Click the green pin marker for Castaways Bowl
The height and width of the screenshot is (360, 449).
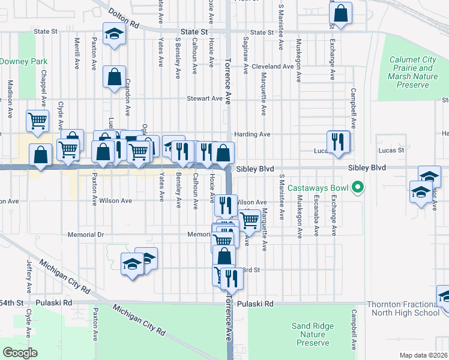(x=358, y=188)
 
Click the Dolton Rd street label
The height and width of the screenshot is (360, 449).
(x=124, y=19)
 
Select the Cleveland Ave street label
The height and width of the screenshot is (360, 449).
(x=273, y=67)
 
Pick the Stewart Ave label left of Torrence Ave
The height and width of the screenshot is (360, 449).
(x=204, y=98)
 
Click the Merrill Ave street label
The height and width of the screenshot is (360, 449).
(x=77, y=55)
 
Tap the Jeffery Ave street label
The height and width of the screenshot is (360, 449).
(x=28, y=272)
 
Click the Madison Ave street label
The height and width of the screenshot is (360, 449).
(x=10, y=99)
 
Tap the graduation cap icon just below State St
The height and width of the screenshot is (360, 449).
(x=113, y=35)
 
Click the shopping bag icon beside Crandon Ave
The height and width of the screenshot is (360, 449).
(x=113, y=77)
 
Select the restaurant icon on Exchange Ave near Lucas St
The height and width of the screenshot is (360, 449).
(x=338, y=142)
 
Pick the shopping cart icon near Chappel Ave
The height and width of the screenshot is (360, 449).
(x=37, y=121)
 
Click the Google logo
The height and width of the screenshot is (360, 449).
(x=20, y=353)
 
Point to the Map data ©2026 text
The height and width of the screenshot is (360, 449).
(x=423, y=355)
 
